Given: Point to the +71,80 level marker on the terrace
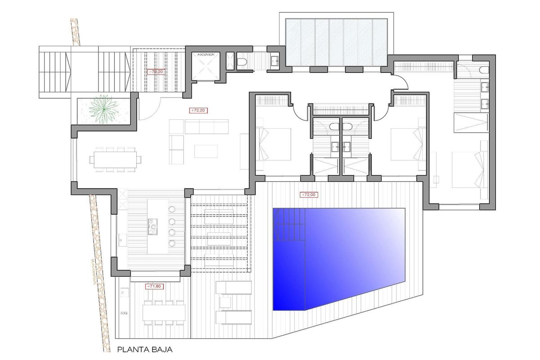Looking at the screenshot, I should point(154,286).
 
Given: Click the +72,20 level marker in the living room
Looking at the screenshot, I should point(198,110).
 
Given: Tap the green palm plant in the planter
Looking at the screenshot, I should point(103,109).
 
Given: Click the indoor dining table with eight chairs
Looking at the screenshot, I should point(115,159).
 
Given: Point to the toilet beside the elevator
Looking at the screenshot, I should point(242,63).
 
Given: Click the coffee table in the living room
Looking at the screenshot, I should point(207,152).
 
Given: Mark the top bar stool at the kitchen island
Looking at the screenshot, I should point(172,209).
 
